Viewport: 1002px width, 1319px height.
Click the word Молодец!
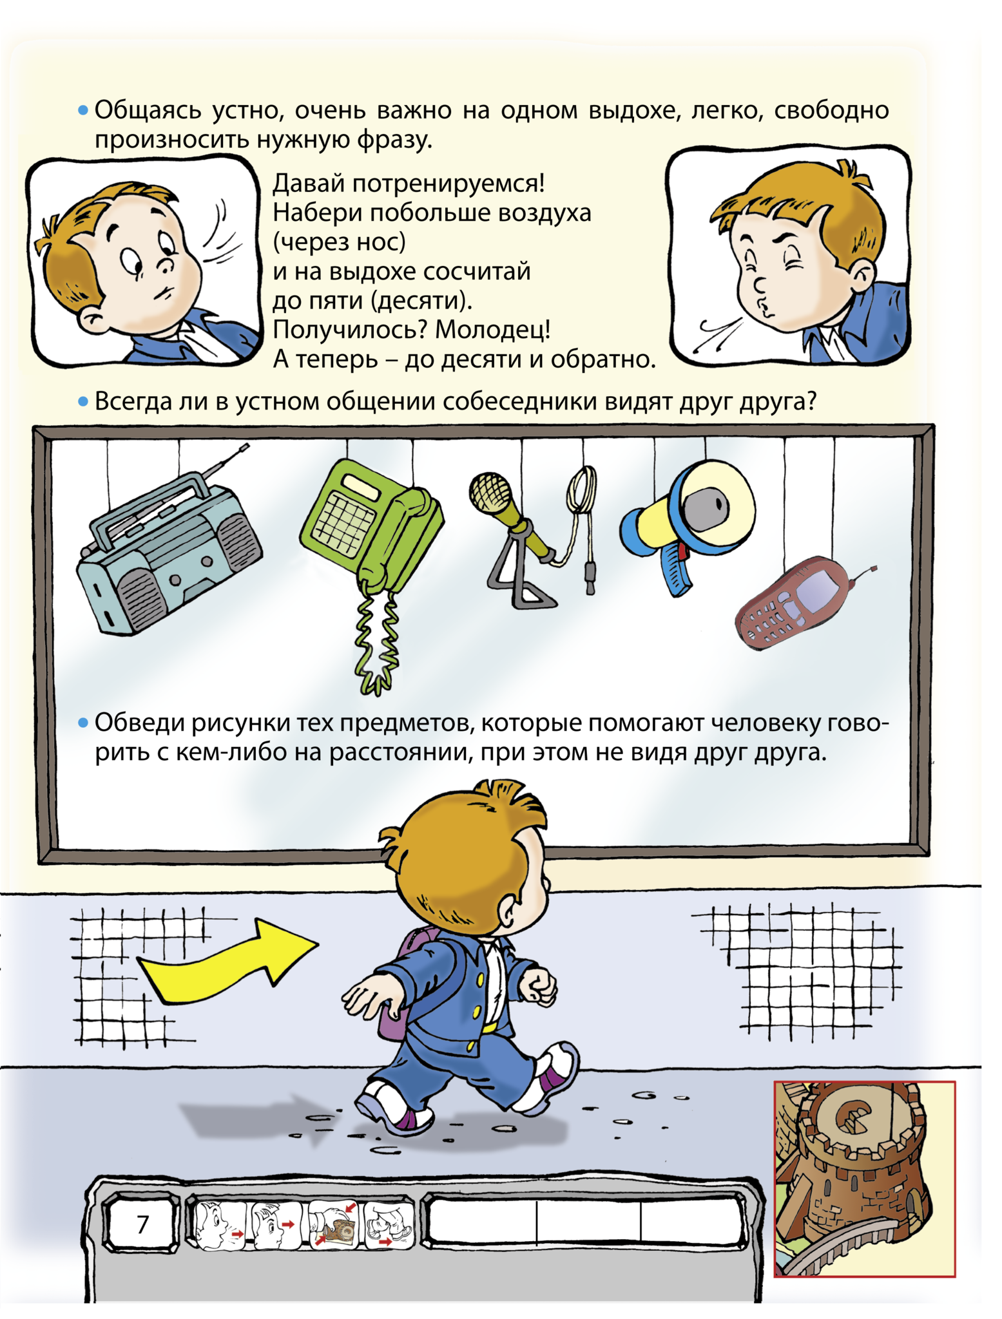point(493,330)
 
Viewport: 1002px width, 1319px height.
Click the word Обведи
point(135,723)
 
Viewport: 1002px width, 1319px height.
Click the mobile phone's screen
point(818,593)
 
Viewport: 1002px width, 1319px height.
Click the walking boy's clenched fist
point(539,986)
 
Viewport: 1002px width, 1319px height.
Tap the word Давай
point(309,184)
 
